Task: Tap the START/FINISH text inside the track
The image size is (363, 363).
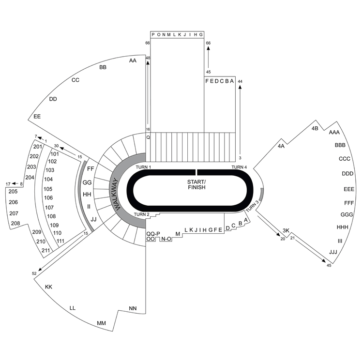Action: (197, 184)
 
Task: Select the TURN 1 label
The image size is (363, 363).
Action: (143, 167)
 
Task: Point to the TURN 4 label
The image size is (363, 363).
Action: (239, 167)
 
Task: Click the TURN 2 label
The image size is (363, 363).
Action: (142, 214)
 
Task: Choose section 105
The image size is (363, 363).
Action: (48, 189)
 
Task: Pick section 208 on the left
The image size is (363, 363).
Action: (15, 223)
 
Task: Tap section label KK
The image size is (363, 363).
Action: (48, 287)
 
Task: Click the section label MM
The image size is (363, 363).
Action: (102, 323)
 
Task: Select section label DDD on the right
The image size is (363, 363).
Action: (348, 174)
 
